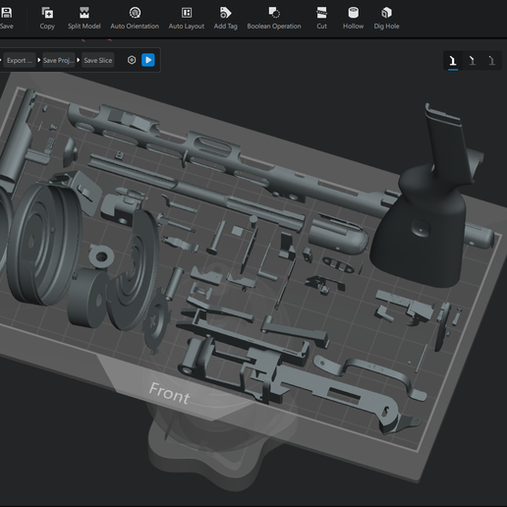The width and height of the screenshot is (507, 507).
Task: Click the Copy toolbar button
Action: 47,18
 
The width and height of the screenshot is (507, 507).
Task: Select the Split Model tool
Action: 84,18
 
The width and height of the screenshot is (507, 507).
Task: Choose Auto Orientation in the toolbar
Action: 135,18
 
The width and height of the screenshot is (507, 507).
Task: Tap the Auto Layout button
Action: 187,18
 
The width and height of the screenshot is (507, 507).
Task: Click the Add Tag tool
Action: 225,18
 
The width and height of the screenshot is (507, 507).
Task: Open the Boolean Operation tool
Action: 274,18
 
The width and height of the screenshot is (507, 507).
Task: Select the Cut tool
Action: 321,18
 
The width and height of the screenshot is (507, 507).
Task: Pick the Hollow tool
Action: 353,18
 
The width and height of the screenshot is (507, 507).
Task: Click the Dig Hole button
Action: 386,18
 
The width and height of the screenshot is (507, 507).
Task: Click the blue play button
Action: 148,60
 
